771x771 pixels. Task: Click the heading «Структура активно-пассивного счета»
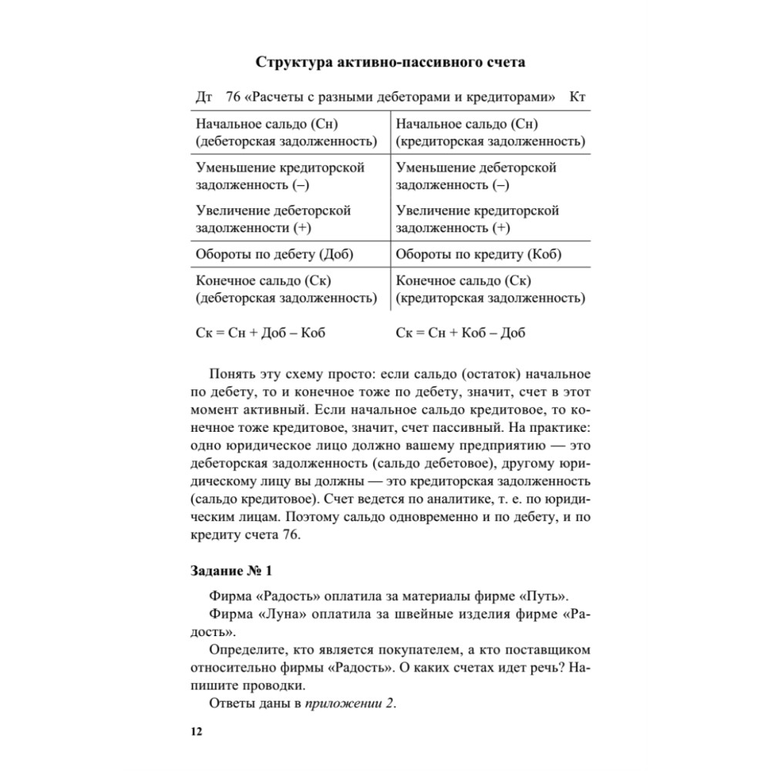395,62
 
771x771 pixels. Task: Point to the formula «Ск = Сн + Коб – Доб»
460,333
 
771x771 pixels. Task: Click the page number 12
196,731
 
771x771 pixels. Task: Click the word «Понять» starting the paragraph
233,375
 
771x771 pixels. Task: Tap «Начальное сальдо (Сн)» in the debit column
268,124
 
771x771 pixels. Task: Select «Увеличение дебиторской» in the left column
274,210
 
